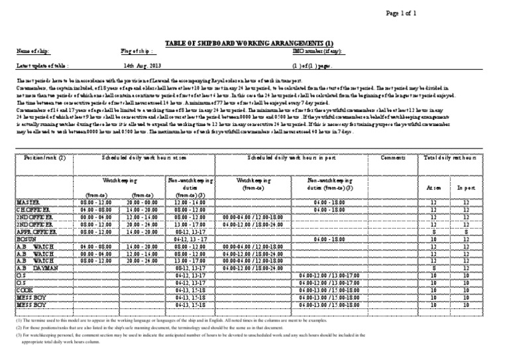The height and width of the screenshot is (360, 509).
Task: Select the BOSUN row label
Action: coord(27,239)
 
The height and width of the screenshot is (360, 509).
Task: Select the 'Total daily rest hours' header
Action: coord(448,158)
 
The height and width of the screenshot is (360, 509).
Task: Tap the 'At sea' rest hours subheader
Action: coord(433,188)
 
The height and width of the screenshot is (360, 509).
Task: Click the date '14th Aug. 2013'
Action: coord(142,66)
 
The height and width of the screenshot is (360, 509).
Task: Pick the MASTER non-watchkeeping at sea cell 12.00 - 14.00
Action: coord(190,202)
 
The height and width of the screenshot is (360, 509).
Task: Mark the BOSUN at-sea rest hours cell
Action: coord(433,239)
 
